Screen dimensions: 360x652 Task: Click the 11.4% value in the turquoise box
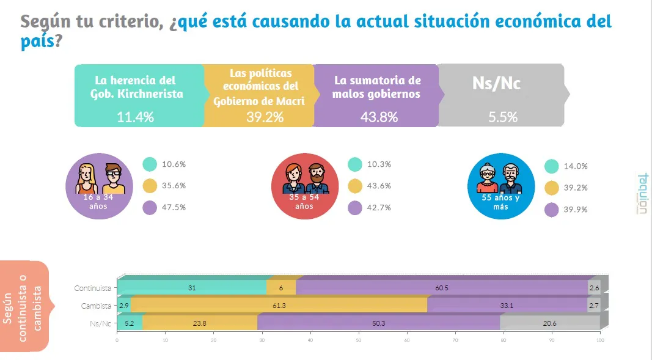coord(135,117)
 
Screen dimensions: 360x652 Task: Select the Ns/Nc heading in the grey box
coord(496,84)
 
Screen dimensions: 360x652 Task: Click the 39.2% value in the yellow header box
coord(265,117)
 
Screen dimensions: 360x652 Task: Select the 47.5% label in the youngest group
coord(174,207)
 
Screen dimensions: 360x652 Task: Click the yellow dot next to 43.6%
coord(355,186)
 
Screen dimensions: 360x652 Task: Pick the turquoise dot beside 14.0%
coord(551,166)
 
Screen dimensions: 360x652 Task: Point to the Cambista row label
coord(96,305)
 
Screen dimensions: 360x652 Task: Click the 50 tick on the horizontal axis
coord(358,340)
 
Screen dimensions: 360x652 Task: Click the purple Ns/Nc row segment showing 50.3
coord(378,322)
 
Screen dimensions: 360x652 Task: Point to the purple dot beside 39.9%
coord(551,209)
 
